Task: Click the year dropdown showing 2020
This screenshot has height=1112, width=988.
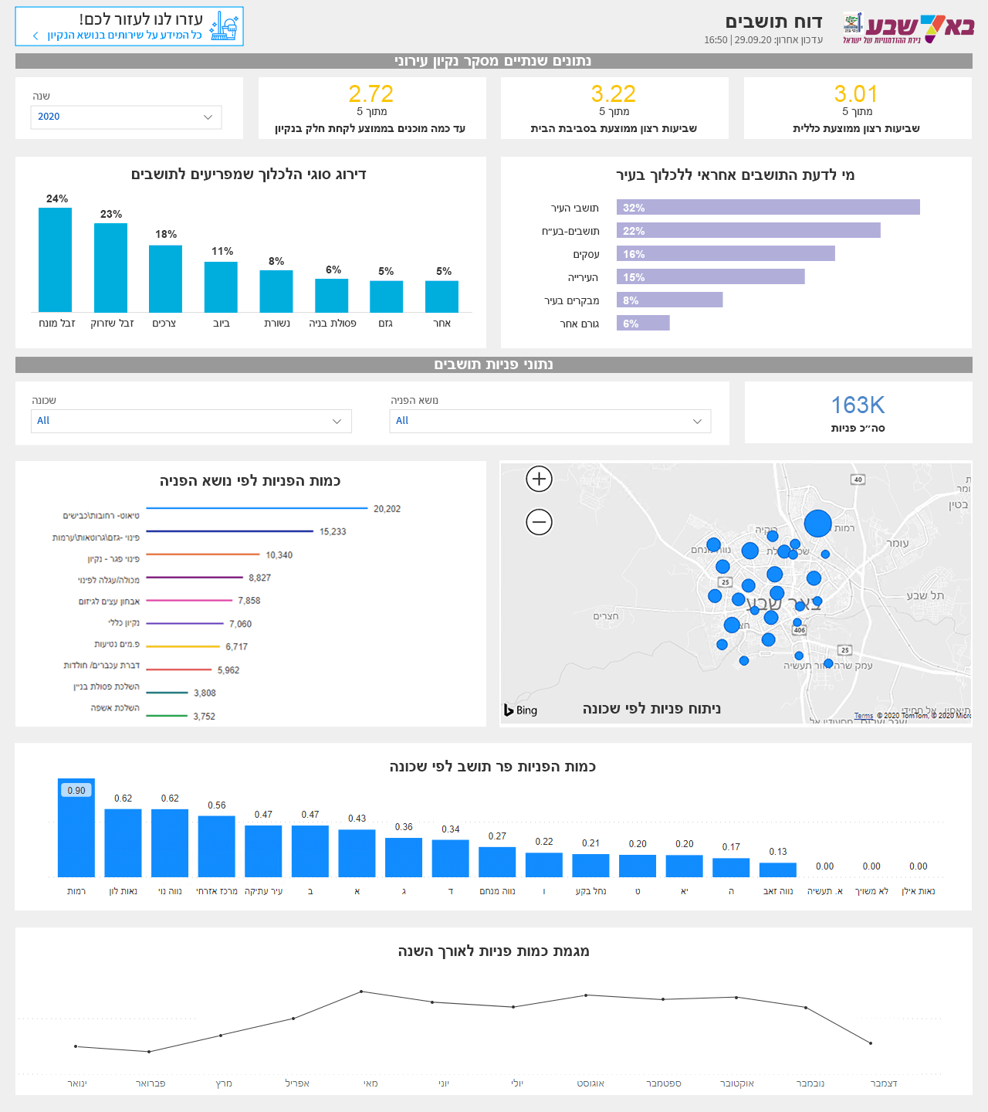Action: pyautogui.click(x=126, y=117)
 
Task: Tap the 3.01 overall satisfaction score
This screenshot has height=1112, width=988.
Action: pyautogui.click(x=856, y=94)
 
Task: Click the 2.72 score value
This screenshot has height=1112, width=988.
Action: pyautogui.click(x=370, y=94)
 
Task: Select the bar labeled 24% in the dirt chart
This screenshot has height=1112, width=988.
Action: pyautogui.click(x=56, y=259)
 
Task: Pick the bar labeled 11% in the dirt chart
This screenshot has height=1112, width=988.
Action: pyautogui.click(x=221, y=286)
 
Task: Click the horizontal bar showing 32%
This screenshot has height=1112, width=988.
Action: pyautogui.click(x=768, y=208)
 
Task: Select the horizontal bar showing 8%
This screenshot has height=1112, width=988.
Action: pyautogui.click(x=669, y=300)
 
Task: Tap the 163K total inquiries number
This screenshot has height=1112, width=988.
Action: pyautogui.click(x=858, y=405)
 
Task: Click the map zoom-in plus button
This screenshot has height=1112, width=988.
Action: pyautogui.click(x=539, y=479)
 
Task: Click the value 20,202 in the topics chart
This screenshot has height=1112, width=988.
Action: pyautogui.click(x=387, y=509)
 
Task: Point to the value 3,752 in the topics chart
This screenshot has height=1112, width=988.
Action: pyautogui.click(x=205, y=717)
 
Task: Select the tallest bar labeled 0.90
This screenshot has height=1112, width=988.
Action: pyautogui.click(x=76, y=828)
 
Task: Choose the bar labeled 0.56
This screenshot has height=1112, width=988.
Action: pyautogui.click(x=216, y=846)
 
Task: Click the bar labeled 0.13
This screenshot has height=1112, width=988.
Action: pyautogui.click(x=777, y=870)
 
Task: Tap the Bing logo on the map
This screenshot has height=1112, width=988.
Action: pyautogui.click(x=521, y=710)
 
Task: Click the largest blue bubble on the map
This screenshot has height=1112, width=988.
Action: pyautogui.click(x=817, y=524)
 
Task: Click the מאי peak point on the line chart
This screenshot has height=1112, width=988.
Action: pyautogui.click(x=361, y=992)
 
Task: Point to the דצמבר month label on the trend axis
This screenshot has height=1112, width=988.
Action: pyautogui.click(x=884, y=1083)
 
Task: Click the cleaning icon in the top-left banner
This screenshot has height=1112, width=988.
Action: pyautogui.click(x=224, y=26)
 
